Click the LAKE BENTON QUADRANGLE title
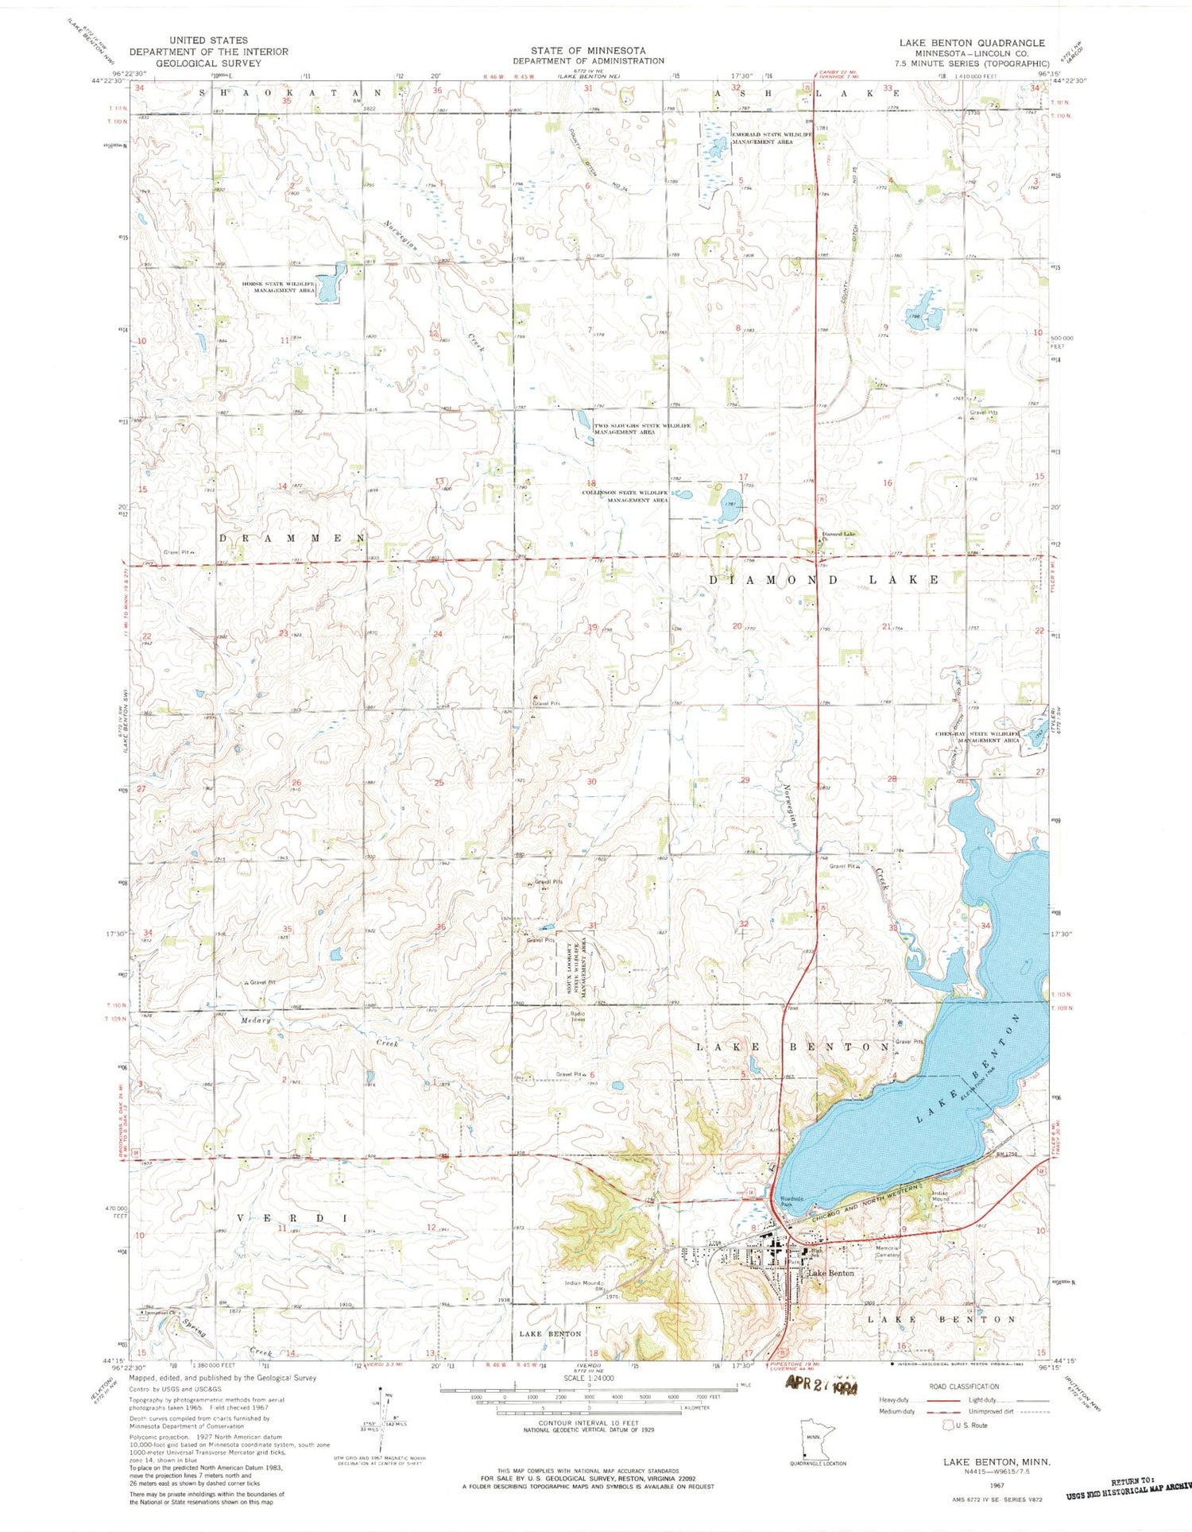972,43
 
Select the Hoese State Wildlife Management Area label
280,287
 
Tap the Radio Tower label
577,1017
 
